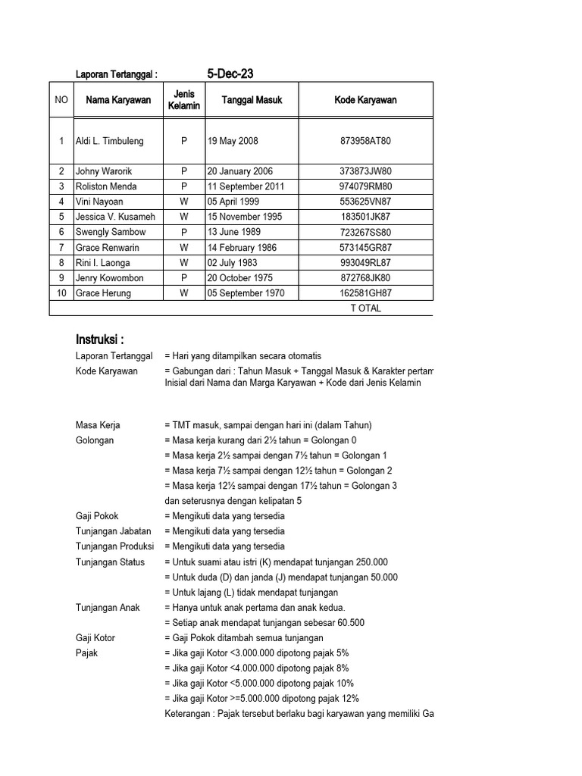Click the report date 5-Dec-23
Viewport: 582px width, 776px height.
pos(230,74)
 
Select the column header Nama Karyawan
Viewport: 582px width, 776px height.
pos(118,100)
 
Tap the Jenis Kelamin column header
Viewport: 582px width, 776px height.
pos(184,100)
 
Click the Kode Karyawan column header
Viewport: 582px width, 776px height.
pos(365,100)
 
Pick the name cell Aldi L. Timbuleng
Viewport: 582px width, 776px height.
pos(110,141)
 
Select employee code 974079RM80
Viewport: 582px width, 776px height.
pos(365,186)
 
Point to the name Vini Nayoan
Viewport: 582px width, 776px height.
pos(99,202)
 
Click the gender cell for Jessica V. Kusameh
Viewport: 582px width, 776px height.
pos(184,217)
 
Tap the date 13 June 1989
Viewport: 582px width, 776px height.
pos(234,232)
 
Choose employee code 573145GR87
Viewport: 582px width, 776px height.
pos(365,248)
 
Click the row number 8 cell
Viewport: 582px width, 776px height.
pos(61,263)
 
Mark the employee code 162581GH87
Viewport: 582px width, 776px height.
pos(365,293)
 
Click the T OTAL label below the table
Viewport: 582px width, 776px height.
pos(365,308)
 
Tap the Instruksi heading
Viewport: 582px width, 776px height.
pos(99,338)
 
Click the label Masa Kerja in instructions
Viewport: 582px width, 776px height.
pos(98,425)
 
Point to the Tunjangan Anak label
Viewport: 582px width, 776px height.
pos(108,608)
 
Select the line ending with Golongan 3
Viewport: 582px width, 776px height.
pos(280,486)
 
